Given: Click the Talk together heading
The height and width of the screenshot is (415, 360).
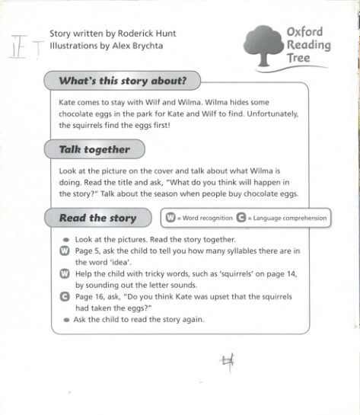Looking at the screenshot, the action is (94, 150).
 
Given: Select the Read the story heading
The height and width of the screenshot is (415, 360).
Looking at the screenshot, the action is (97, 219).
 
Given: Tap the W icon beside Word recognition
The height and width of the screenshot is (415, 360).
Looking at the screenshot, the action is (170, 218).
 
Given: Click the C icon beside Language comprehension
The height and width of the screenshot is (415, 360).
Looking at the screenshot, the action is (241, 218).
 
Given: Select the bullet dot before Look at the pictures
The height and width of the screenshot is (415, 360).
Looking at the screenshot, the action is (66, 239).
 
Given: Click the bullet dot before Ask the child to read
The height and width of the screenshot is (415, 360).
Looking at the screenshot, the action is (66, 320).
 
